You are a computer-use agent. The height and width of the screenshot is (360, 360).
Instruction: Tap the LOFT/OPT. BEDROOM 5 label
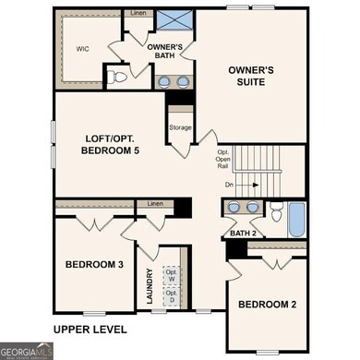[x=110, y=143]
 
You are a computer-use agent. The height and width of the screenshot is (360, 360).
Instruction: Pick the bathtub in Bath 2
[x=295, y=220]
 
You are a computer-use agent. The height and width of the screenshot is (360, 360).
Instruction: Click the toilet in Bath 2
[x=276, y=211]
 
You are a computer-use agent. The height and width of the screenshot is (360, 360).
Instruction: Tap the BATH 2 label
[x=243, y=234]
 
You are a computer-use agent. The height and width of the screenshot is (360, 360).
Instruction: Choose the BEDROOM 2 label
[x=268, y=305]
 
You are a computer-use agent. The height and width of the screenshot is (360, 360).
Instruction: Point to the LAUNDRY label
[x=148, y=286]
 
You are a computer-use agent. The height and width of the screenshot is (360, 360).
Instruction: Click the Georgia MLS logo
[x=26, y=351]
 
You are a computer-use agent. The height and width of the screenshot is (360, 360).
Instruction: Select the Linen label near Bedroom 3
[x=155, y=203]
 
